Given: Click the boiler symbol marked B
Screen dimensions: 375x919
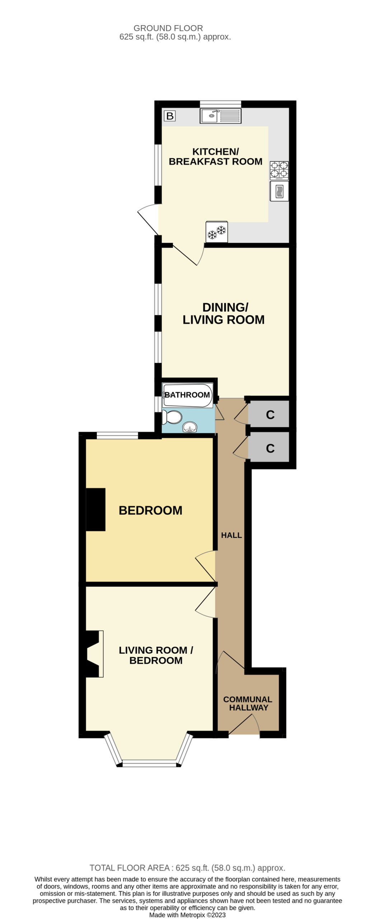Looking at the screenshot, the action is pyautogui.click(x=170, y=116).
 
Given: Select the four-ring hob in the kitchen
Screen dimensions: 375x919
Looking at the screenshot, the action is pyautogui.click(x=279, y=170).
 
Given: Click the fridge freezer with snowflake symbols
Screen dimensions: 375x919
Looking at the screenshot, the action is pyautogui.click(x=217, y=232).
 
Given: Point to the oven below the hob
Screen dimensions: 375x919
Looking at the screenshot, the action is pyautogui.click(x=280, y=191).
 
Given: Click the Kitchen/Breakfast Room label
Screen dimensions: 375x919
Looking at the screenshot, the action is pyautogui.click(x=215, y=157).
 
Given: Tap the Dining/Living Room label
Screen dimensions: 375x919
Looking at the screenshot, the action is pyautogui.click(x=224, y=313).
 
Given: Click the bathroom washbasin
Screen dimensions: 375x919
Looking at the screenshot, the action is pyautogui.click(x=190, y=427).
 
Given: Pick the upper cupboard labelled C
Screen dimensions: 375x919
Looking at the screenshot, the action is pyautogui.click(x=269, y=414).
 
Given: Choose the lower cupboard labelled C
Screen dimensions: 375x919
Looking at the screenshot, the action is pyautogui.click(x=269, y=447).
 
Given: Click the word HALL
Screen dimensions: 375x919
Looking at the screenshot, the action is pyautogui.click(x=231, y=535).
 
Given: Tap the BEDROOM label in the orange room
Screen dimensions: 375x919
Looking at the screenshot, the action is pyautogui.click(x=150, y=510).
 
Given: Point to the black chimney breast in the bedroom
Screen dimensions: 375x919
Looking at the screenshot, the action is pyautogui.click(x=95, y=509).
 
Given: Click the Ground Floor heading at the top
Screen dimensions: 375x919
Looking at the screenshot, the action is pyautogui.click(x=168, y=28).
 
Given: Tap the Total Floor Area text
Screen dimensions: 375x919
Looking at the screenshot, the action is pyautogui.click(x=187, y=868).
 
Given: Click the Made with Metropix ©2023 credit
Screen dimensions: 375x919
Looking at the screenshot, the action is pyautogui.click(x=187, y=915).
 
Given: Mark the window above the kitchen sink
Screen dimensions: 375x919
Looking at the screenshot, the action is pyautogui.click(x=220, y=104).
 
